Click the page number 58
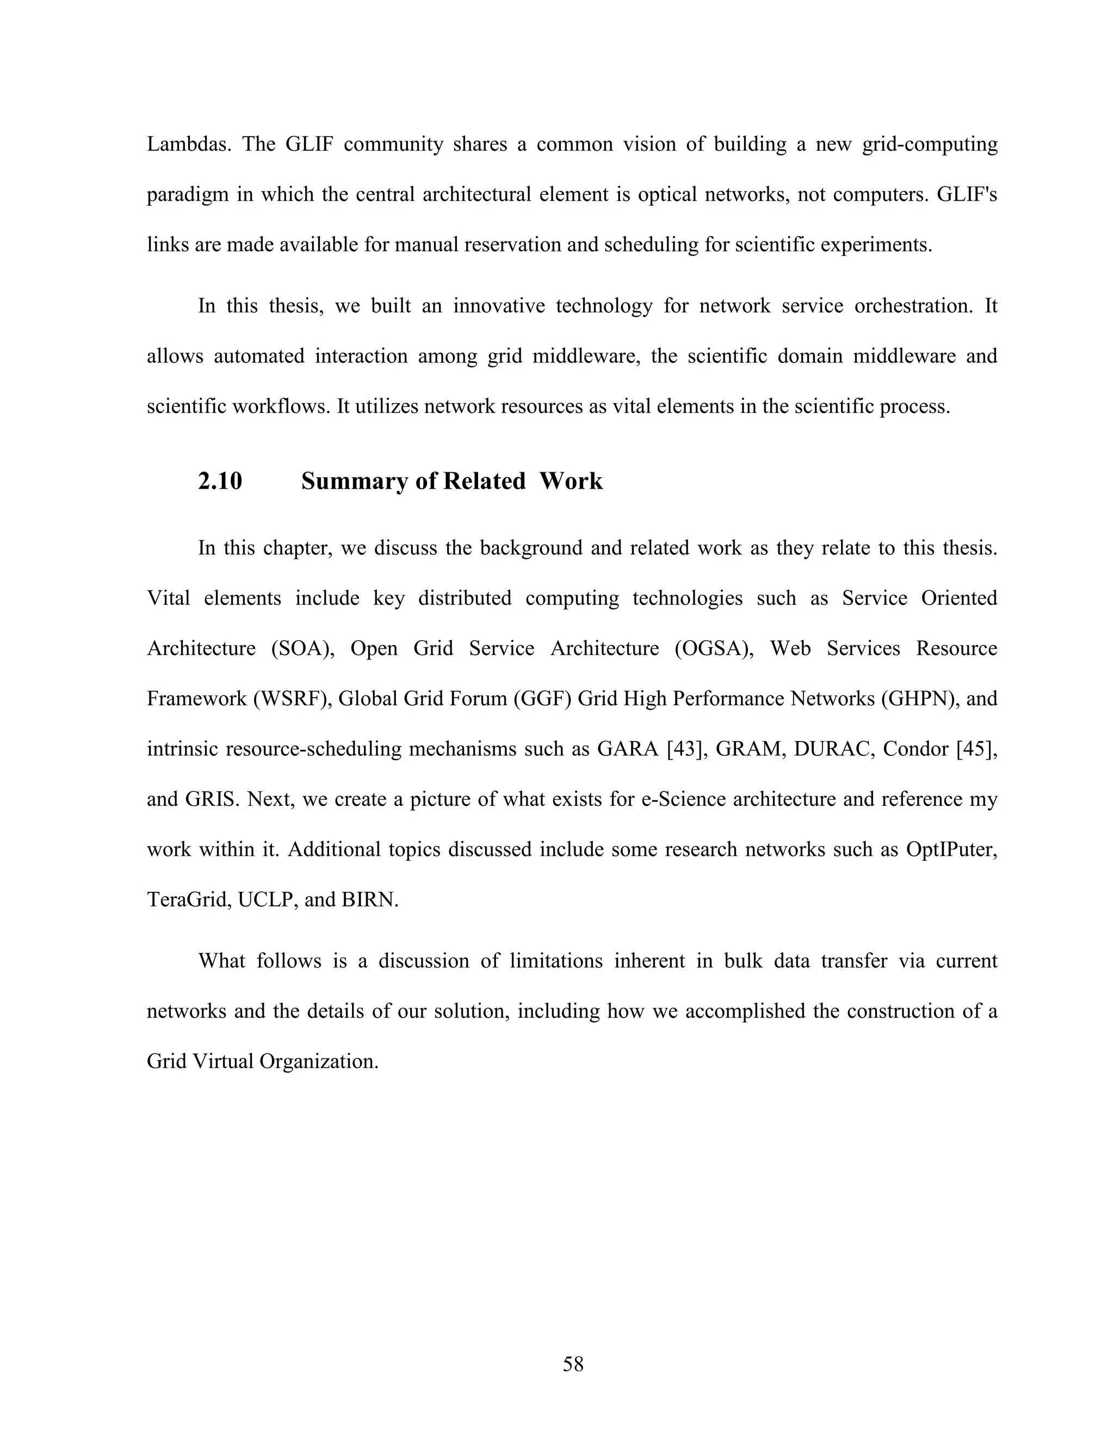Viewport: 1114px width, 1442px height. pos(573,1364)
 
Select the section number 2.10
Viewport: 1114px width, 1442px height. pos(220,482)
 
